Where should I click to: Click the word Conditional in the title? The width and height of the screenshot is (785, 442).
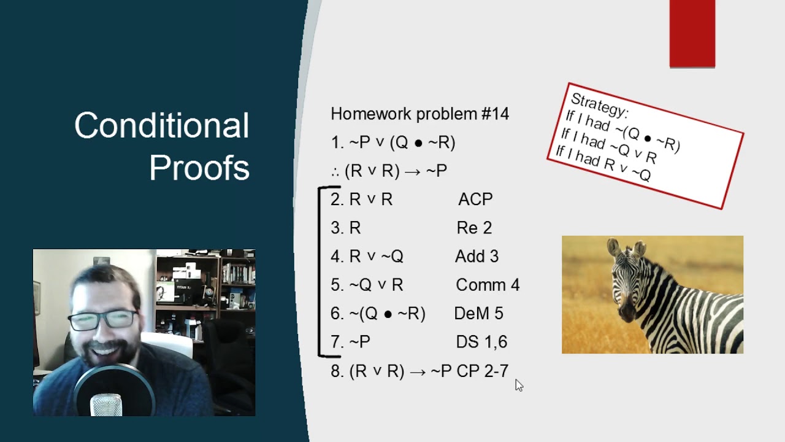[x=161, y=125]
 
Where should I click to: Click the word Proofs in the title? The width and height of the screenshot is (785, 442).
[x=199, y=167]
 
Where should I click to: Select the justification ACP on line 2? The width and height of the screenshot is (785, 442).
[x=475, y=200]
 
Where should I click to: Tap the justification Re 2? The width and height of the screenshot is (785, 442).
[x=474, y=228]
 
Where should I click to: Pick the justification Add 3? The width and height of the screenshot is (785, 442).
[x=477, y=257]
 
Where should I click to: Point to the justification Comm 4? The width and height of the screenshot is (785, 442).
[x=488, y=285]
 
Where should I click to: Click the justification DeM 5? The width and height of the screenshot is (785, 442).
[x=478, y=314]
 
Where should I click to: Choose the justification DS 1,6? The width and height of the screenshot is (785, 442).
[x=481, y=342]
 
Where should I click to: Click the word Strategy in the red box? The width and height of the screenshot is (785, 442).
[x=599, y=105]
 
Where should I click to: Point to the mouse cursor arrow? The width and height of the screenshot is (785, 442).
[x=519, y=385]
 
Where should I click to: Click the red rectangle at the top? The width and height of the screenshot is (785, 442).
[x=692, y=33]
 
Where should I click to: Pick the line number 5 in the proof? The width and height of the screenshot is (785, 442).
[x=336, y=285]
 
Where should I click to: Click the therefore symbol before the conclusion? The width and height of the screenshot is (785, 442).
[x=335, y=171]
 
